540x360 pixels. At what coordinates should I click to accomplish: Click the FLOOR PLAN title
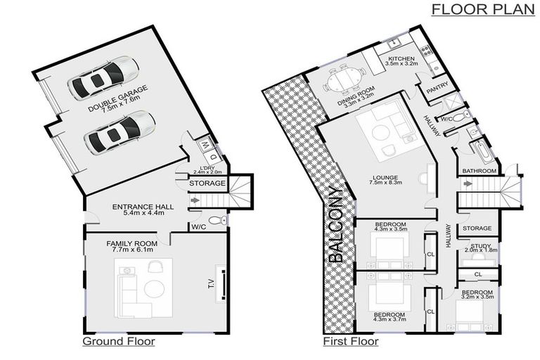483,9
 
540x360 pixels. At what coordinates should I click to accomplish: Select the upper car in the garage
103,78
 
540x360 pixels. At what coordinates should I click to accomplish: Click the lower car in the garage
120,132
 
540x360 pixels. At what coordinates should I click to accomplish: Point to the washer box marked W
205,145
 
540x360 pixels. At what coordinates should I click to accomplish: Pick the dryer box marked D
213,157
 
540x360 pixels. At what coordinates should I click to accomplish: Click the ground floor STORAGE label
207,184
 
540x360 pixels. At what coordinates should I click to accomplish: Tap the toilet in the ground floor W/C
219,220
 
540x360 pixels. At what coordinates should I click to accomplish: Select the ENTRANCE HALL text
143,207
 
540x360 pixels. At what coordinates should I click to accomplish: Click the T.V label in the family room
212,283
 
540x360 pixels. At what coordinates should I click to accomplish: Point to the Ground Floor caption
119,342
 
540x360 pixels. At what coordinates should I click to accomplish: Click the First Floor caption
351,342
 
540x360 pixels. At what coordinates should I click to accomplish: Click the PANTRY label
437,87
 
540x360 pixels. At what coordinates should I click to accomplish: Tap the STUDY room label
481,246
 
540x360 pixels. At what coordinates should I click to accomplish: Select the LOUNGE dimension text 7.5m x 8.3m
385,183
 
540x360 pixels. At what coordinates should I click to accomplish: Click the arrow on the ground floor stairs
195,200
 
